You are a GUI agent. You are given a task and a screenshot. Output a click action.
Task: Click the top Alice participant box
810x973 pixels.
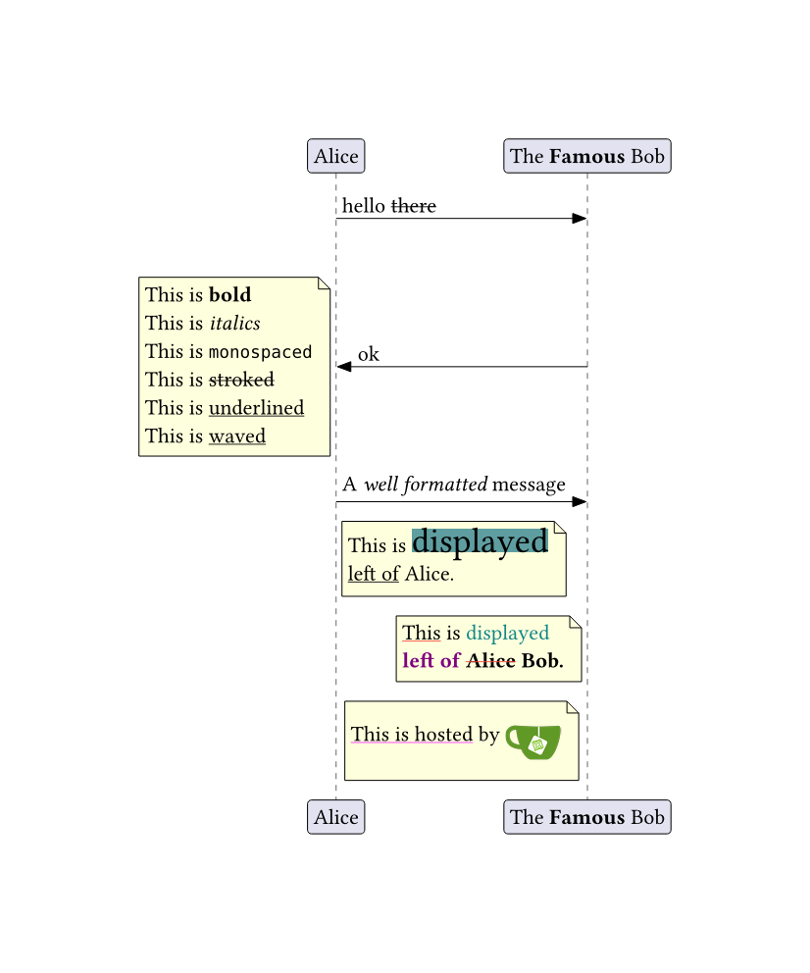tap(335, 156)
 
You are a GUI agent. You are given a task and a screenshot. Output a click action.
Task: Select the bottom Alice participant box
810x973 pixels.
tap(335, 817)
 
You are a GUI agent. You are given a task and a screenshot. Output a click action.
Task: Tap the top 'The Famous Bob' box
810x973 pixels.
tap(586, 156)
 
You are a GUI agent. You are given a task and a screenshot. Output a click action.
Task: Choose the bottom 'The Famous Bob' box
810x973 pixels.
tap(586, 817)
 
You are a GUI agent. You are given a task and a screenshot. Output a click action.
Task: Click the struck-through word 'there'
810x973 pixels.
tap(414, 206)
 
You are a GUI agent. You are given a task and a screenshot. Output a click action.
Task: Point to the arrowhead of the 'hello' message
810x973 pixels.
tap(580, 219)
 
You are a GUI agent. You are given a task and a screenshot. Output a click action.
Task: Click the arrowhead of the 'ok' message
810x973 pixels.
tap(344, 367)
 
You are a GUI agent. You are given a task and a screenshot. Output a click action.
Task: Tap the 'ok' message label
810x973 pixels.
tap(369, 354)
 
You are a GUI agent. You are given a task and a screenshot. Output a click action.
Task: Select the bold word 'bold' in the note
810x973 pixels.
tap(229, 294)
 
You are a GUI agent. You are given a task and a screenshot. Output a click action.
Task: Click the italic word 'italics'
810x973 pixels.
tap(234, 323)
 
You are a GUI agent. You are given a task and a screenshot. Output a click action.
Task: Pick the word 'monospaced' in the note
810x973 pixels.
tap(260, 351)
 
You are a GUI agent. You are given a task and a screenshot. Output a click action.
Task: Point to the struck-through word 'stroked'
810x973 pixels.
tap(241, 380)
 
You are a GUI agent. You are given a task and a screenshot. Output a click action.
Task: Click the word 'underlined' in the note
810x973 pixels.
tap(256, 408)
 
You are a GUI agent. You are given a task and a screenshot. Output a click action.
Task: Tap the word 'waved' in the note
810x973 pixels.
tap(237, 435)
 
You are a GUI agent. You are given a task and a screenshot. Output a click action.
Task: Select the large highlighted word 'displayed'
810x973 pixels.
tap(480, 541)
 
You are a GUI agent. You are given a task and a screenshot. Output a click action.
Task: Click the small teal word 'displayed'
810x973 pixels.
tap(507, 633)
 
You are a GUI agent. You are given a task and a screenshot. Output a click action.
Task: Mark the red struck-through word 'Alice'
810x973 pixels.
tap(490, 660)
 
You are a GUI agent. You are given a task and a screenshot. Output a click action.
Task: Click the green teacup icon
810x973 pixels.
tap(532, 741)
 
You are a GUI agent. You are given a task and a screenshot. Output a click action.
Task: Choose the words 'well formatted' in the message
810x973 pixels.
tap(426, 485)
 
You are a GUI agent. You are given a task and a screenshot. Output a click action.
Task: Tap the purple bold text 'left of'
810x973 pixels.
tap(430, 660)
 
